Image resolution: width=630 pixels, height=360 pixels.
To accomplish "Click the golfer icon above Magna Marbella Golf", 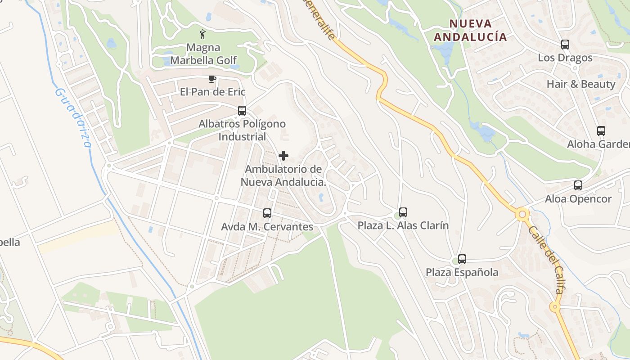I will click(202, 34).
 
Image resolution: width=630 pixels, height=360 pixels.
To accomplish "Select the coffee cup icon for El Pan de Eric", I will click(212, 79).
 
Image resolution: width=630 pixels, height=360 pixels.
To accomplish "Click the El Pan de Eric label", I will click(212, 92).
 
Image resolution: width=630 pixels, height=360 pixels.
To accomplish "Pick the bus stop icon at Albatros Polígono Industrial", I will click(242, 110).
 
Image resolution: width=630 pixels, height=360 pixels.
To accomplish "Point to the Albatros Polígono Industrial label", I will click(242, 130).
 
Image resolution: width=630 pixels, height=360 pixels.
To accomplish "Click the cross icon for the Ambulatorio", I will click(283, 156).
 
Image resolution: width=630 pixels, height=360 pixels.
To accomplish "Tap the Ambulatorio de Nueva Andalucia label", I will click(283, 176).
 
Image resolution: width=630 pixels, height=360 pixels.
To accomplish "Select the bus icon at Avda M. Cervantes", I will click(267, 213).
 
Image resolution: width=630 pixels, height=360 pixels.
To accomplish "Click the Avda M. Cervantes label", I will click(267, 227).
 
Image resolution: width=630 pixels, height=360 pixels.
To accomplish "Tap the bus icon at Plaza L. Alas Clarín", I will click(403, 212).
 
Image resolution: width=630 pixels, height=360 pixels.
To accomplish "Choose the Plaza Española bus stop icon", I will click(462, 259).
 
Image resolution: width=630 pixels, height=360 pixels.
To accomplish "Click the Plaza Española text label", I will click(462, 272).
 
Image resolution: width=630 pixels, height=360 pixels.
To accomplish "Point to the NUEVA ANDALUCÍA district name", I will click(470, 30).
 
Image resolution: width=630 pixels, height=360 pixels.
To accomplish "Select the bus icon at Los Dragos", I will click(565, 45).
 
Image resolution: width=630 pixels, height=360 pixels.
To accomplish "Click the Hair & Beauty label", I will click(580, 84).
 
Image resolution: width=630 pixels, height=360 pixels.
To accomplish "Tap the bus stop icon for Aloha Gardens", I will click(601, 131).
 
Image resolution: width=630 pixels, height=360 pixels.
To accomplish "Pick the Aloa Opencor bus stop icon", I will click(578, 185).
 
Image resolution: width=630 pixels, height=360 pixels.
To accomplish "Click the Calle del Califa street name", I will click(546, 260).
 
